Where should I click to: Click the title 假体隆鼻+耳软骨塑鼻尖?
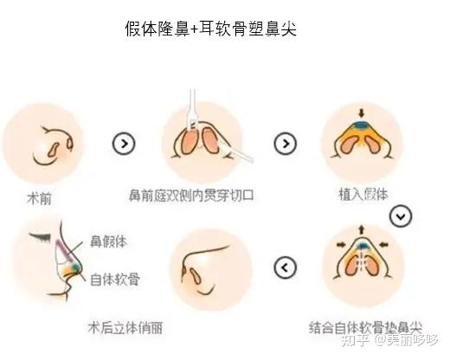(210, 29)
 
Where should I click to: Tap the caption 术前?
(39, 199)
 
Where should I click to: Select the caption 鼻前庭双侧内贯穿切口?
(191, 196)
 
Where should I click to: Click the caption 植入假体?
(363, 195)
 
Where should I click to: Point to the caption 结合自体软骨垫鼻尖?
(365, 328)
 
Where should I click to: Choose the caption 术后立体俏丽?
(125, 328)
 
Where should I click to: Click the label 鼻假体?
(108, 241)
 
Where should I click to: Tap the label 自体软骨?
(115, 280)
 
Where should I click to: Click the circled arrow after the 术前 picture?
(124, 143)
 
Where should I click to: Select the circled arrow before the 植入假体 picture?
(285, 143)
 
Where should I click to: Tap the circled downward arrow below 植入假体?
(401, 216)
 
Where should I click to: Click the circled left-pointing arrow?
(285, 267)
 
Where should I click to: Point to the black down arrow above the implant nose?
(361, 112)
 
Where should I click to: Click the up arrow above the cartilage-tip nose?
(361, 229)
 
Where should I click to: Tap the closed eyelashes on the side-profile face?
(41, 236)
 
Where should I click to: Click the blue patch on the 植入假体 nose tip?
(361, 125)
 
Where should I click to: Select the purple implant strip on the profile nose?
(64, 248)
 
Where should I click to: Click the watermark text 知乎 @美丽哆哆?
(389, 340)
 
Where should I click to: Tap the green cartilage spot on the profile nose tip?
(75, 267)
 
